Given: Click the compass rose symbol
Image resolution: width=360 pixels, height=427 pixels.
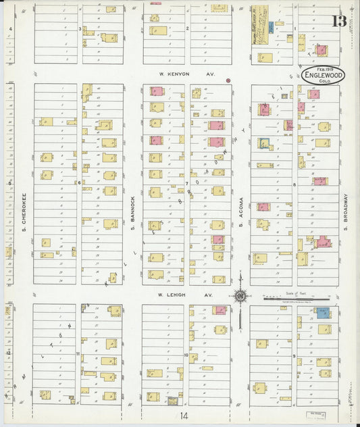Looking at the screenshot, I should tap(240, 295).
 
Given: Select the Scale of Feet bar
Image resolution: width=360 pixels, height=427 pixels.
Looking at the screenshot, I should tap(296, 297).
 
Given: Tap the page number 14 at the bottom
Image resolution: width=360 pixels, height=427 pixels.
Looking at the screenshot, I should tap(183, 416).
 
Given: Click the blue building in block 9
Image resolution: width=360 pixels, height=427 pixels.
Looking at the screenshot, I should tap(323, 312).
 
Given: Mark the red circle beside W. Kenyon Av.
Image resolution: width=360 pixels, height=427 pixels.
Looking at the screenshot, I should tap(228, 80).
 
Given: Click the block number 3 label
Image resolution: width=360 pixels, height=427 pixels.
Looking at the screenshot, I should tap(80, 28).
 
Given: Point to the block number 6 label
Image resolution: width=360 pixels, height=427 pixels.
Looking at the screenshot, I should tap(79, 182).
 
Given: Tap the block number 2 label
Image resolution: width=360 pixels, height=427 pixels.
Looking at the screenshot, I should tap(187, 28).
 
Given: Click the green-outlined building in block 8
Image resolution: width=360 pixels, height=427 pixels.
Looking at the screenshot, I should tap(263, 143).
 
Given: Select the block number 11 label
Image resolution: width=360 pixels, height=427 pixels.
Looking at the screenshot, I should tap(78, 353).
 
